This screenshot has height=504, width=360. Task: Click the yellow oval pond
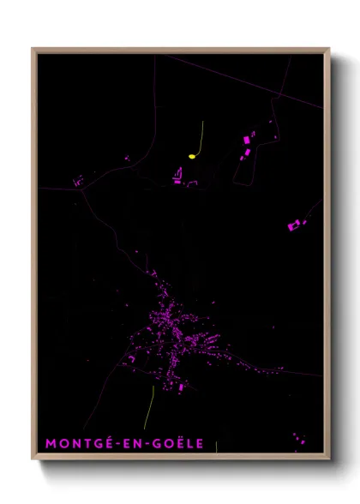(192, 156)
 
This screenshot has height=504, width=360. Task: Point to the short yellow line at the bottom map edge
(216, 447)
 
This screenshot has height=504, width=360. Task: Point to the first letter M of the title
(50, 443)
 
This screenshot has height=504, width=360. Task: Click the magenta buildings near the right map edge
(297, 225)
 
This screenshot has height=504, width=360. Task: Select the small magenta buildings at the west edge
(78, 181)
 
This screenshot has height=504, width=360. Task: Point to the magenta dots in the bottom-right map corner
(297, 439)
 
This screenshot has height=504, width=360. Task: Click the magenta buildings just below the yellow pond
(178, 178)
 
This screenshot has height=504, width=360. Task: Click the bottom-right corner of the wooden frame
(328, 459)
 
